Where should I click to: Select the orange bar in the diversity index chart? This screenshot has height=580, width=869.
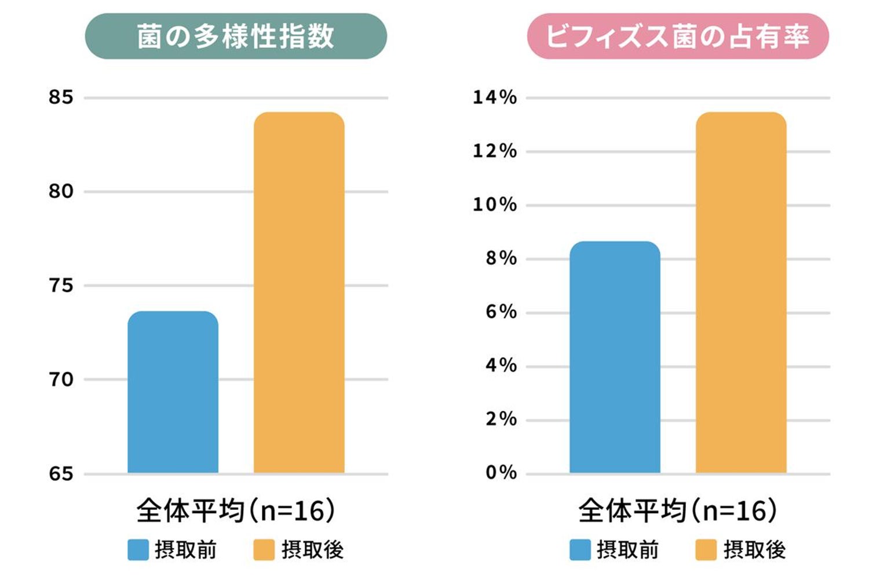point(299,293)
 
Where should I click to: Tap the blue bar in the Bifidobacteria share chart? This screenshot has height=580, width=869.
point(615,357)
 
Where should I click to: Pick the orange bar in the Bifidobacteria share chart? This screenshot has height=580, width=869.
point(741,293)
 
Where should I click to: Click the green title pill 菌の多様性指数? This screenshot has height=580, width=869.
point(236,37)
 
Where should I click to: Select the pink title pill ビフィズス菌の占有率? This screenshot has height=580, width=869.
point(678,37)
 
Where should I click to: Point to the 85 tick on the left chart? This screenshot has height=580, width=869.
point(61,97)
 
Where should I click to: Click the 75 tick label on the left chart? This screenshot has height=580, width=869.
point(61,285)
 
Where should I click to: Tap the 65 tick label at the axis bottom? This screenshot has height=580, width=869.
point(61,474)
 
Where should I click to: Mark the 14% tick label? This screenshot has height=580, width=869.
point(495,97)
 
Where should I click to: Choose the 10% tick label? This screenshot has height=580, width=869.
point(495,204)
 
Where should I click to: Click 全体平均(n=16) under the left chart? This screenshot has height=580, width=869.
point(236,511)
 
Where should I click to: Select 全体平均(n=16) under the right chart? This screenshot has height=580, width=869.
point(678,511)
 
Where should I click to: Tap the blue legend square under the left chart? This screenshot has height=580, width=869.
point(138,550)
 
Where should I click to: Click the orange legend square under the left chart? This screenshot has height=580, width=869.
point(264,550)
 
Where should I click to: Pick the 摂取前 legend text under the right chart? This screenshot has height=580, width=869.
point(627,550)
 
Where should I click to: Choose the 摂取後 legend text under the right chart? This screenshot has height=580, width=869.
point(754,550)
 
